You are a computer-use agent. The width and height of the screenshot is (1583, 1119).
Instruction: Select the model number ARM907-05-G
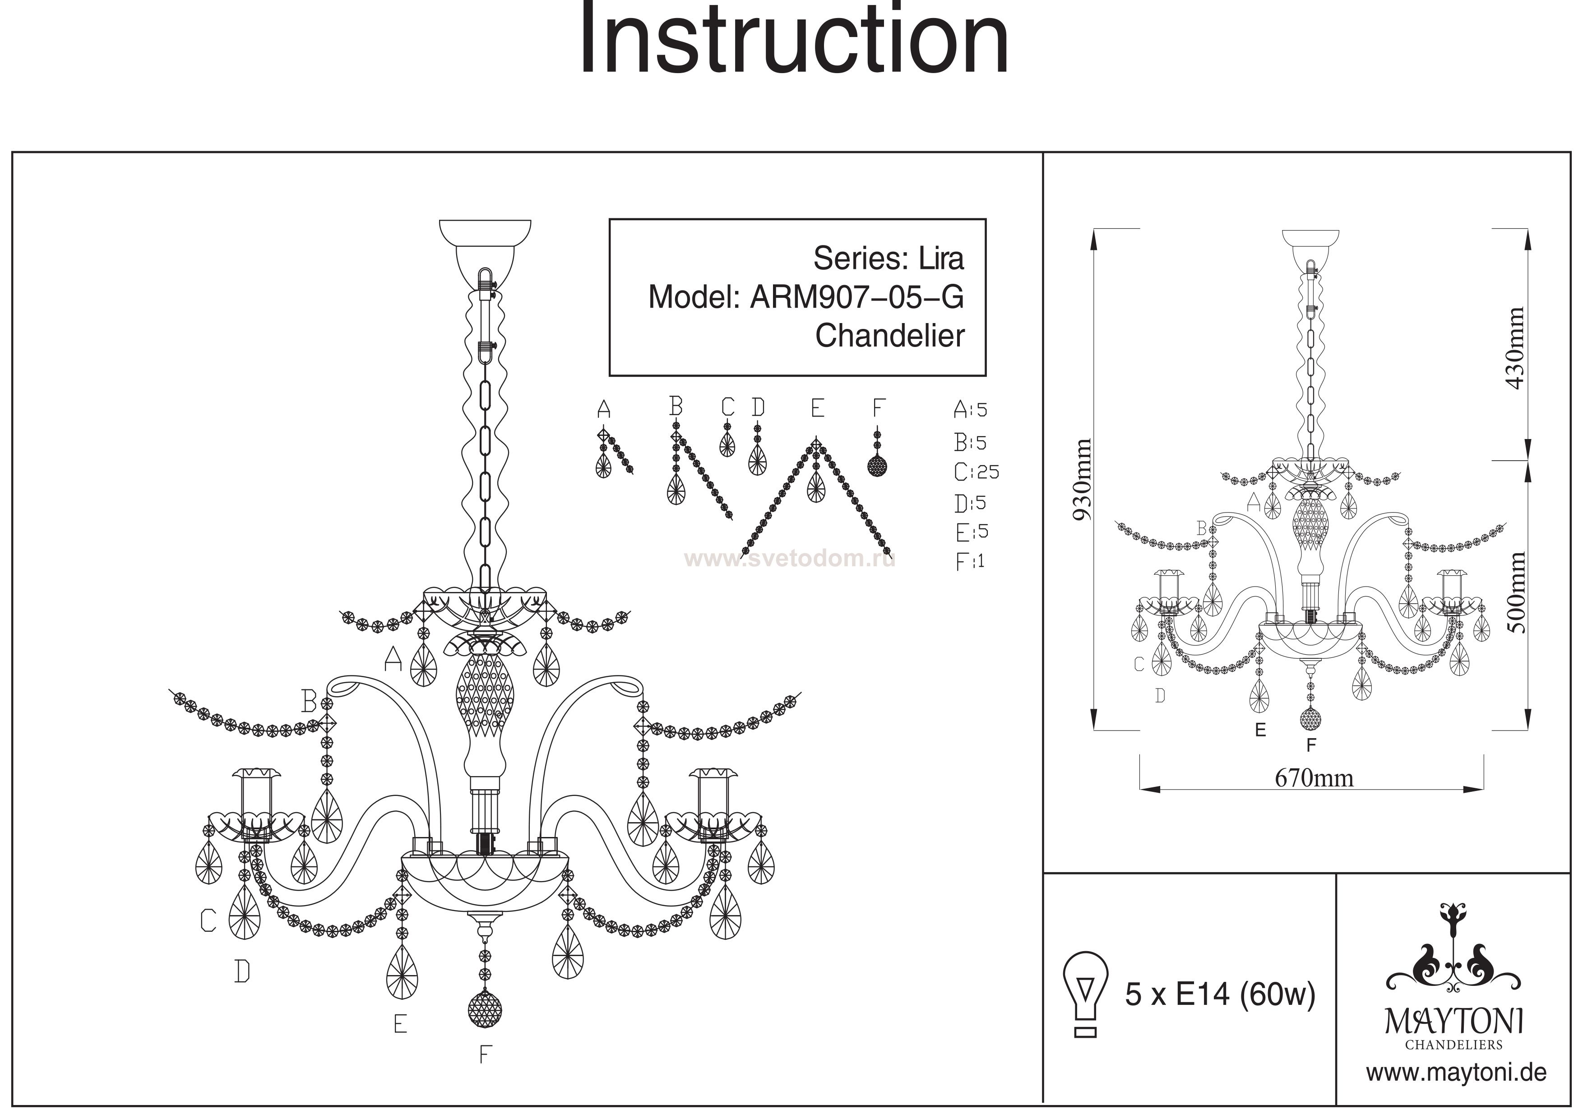click(856, 297)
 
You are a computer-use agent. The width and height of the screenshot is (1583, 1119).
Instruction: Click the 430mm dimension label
click(1515, 349)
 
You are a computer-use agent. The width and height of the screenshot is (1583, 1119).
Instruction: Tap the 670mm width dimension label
click(1314, 778)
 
